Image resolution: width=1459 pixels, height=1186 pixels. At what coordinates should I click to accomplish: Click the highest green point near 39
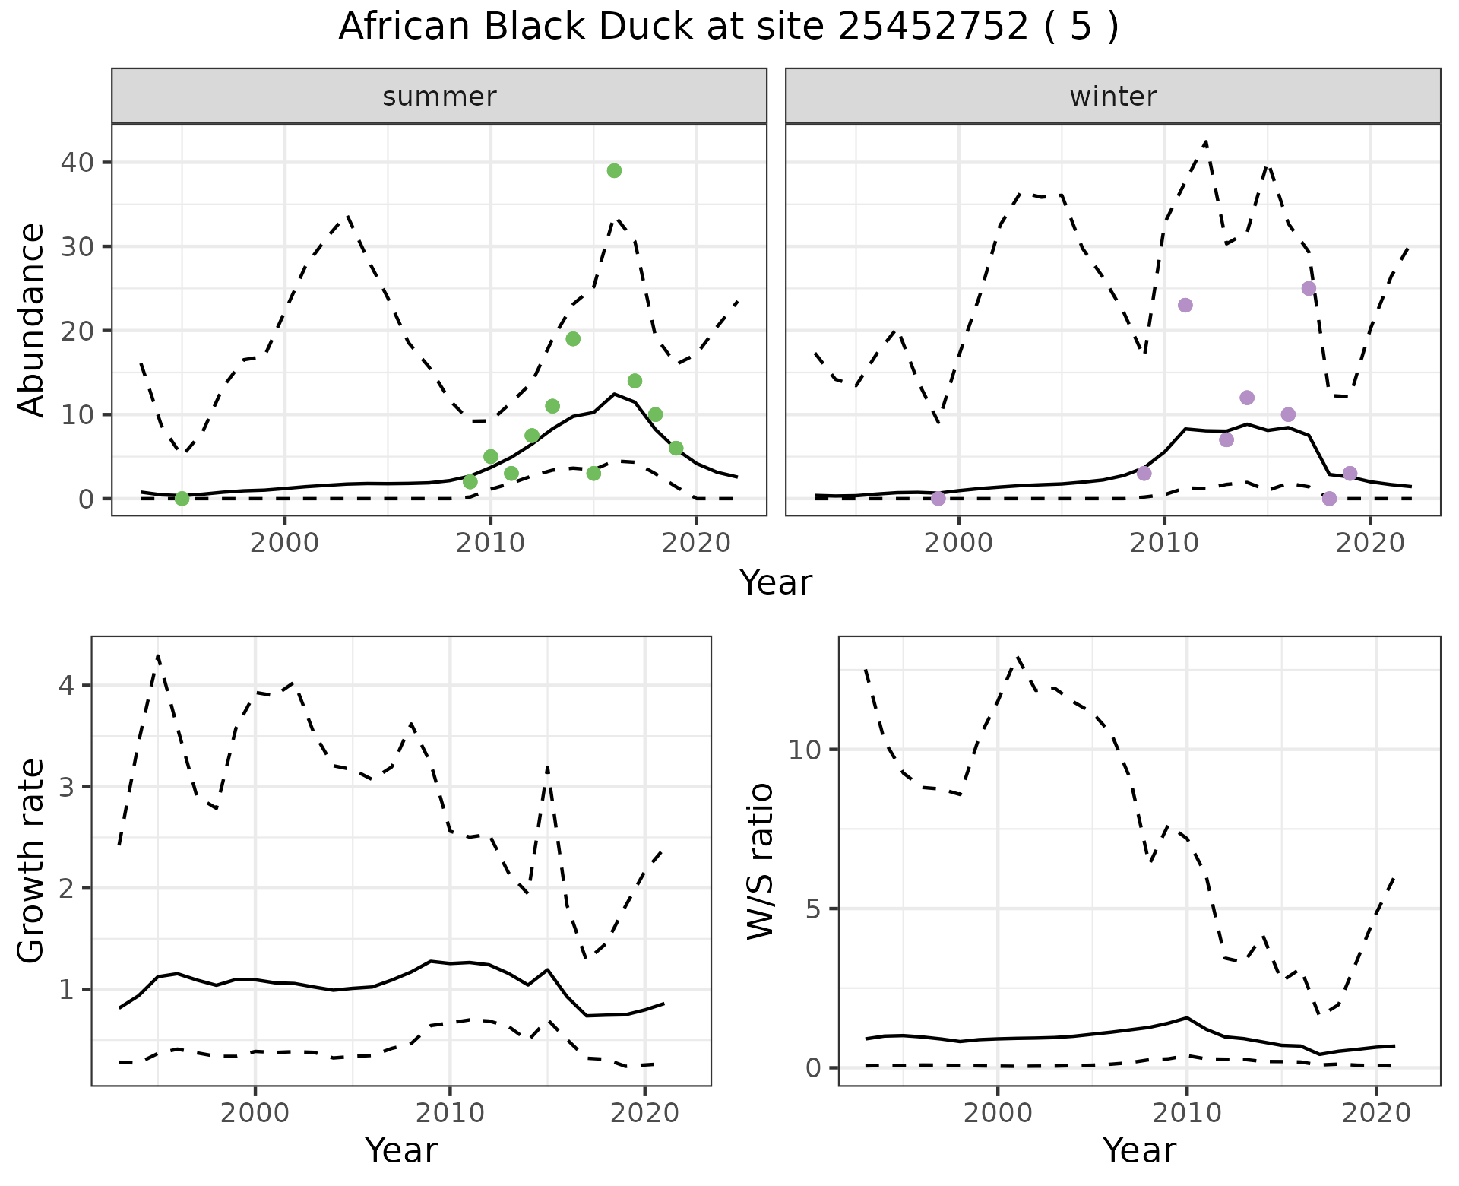click(x=614, y=171)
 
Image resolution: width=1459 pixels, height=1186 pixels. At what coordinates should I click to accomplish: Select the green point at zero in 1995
click(x=182, y=499)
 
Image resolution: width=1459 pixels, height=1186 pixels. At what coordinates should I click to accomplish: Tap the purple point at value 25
click(x=1309, y=289)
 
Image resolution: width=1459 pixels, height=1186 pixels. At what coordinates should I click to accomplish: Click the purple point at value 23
click(x=1185, y=306)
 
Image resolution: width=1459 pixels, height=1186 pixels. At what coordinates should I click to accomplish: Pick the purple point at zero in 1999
click(x=938, y=499)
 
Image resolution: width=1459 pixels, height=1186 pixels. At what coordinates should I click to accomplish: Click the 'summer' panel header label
click(x=439, y=97)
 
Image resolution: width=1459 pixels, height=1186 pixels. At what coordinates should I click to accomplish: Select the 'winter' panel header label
click(x=1113, y=97)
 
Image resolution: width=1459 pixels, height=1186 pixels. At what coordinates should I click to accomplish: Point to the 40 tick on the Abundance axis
click(x=78, y=163)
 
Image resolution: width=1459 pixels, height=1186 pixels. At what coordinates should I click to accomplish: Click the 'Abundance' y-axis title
click(x=32, y=320)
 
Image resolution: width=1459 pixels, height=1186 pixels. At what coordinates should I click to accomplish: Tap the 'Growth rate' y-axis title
click(x=32, y=861)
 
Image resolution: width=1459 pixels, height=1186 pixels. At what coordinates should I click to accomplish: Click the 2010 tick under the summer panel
click(x=491, y=544)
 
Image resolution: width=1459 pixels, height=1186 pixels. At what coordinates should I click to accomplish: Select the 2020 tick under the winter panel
click(x=1370, y=544)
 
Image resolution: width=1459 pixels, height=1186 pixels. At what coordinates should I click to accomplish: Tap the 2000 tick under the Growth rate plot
click(x=255, y=1114)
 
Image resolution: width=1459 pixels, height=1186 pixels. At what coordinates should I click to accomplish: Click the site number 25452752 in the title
click(x=934, y=27)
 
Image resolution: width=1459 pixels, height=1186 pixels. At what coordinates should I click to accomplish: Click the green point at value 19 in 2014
click(x=573, y=339)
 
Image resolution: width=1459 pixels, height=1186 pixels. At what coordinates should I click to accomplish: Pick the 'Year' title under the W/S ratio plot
click(x=1139, y=1151)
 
